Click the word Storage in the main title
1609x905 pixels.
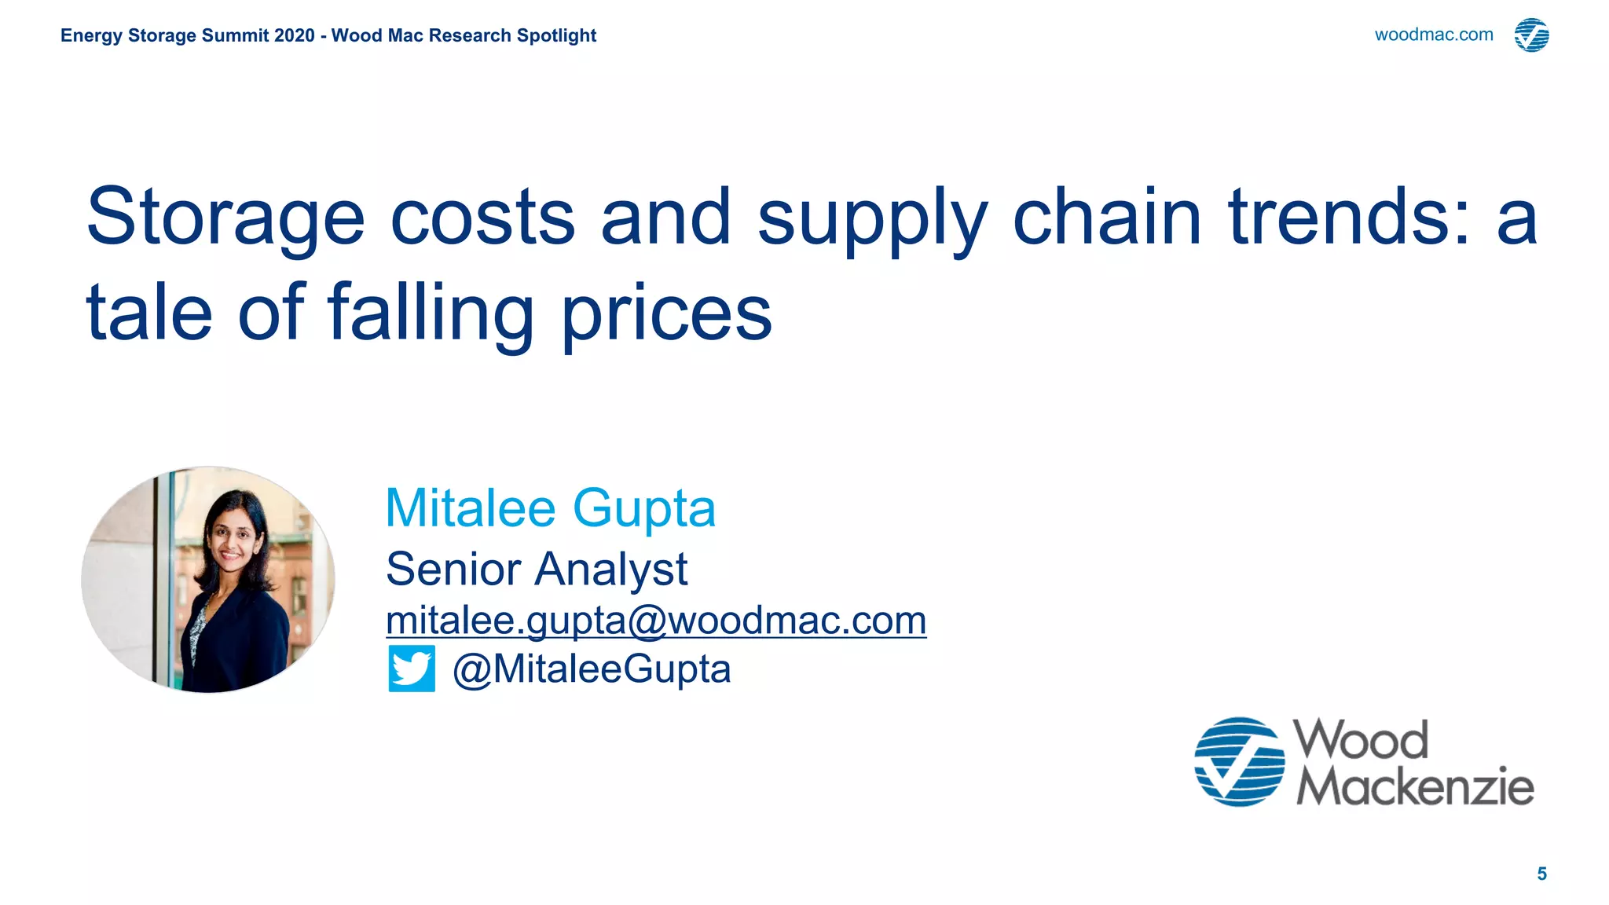pos(225,217)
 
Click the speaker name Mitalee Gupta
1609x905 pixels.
pos(550,508)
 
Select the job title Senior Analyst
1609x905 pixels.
pos(537,569)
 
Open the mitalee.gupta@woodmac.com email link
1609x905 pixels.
pos(656,621)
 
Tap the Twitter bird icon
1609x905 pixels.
pos(412,669)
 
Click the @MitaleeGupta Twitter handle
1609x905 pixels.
pos(592,669)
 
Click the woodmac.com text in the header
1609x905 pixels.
pos(1433,35)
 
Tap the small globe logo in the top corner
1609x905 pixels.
pos(1531,35)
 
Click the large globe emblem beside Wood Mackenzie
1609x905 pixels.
pos(1239,761)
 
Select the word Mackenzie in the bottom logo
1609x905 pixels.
pos(1415,786)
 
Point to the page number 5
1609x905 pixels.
pos(1541,874)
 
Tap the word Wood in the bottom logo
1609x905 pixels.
pos(1361,740)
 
